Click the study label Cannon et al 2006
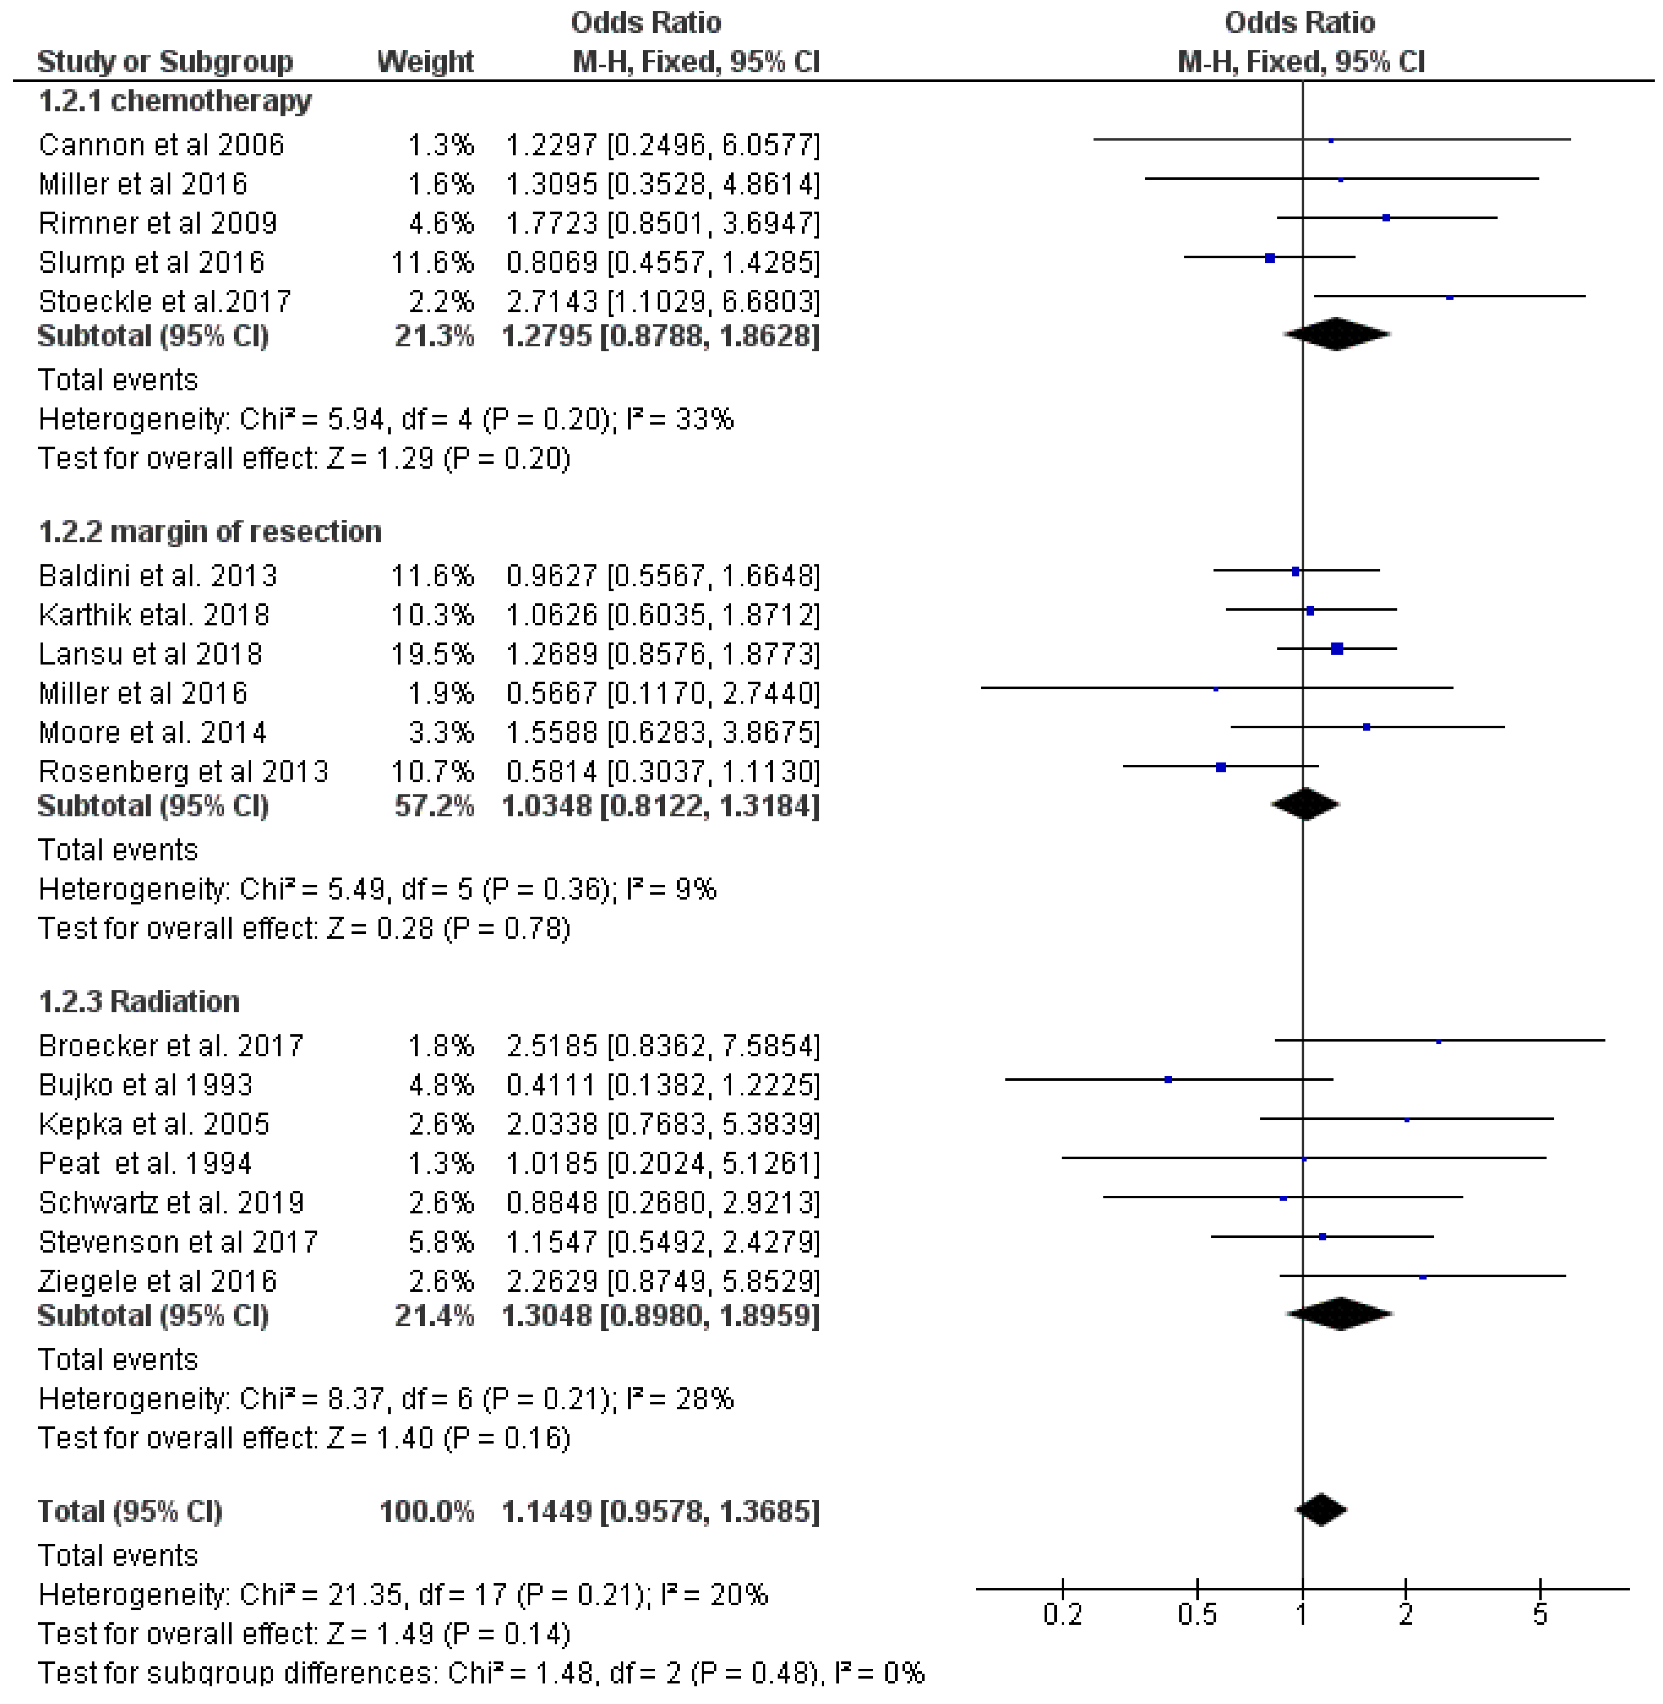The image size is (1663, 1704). [x=162, y=145]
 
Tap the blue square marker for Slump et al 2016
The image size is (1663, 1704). [x=1270, y=259]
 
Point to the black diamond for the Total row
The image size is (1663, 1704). [x=1321, y=1510]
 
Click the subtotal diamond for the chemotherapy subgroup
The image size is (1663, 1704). [x=1336, y=334]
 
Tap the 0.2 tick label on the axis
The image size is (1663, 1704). [x=1063, y=1614]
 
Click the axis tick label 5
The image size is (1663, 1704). [x=1540, y=1614]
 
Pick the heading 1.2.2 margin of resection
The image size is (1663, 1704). [x=210, y=532]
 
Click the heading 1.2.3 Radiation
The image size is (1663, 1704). [x=139, y=1002]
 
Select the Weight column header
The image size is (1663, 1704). [x=426, y=62]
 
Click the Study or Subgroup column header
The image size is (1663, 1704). [x=165, y=62]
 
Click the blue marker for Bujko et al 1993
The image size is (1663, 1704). [x=1168, y=1080]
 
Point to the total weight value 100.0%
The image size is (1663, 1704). [x=427, y=1512]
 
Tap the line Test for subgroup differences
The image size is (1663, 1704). [x=480, y=1674]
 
